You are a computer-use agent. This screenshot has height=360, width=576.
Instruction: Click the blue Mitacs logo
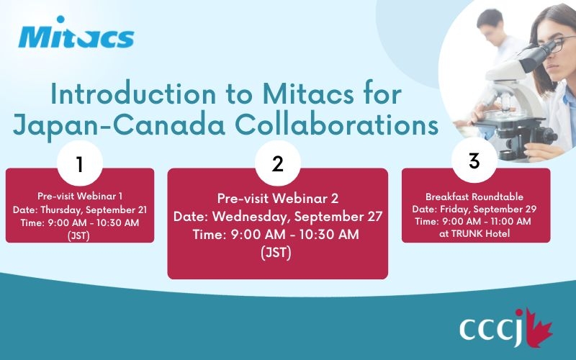point(76,32)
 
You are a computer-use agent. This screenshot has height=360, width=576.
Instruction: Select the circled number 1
point(80,163)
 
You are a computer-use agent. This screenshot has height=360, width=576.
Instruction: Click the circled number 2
point(278,163)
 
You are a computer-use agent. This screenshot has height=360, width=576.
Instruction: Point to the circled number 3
point(474,161)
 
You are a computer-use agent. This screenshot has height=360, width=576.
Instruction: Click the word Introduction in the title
point(133,94)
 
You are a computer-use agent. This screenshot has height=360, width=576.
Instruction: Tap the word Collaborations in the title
point(336,125)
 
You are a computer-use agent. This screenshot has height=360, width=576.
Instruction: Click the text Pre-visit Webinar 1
point(80,196)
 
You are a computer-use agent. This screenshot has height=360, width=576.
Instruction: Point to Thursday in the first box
point(61,210)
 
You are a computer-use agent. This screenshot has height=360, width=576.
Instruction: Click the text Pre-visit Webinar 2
point(278,199)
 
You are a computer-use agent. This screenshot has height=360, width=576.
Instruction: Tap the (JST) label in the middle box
point(276,253)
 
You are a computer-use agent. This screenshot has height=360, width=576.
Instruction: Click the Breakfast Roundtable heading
point(474,197)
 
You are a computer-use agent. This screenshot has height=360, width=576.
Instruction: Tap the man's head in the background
point(490,23)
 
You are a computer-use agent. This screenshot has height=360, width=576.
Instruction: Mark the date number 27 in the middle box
point(374,217)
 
